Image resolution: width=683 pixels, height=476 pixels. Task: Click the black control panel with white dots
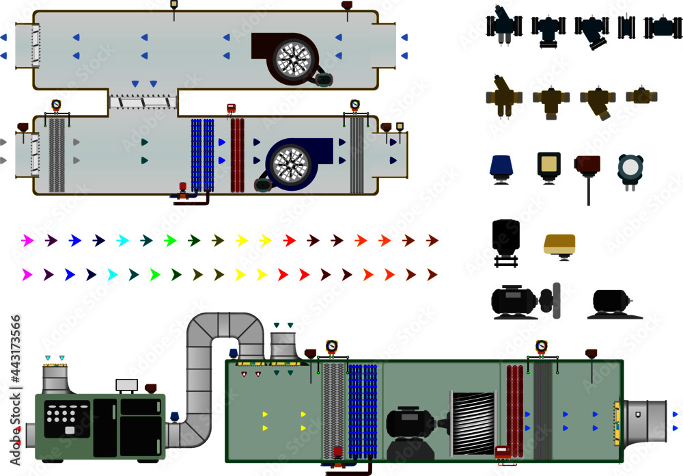point(66,418)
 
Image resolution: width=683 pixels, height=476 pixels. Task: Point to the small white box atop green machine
point(127,385)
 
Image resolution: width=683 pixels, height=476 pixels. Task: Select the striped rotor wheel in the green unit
point(473,423)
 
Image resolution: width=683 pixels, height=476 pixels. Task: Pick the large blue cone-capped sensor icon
point(501,168)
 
